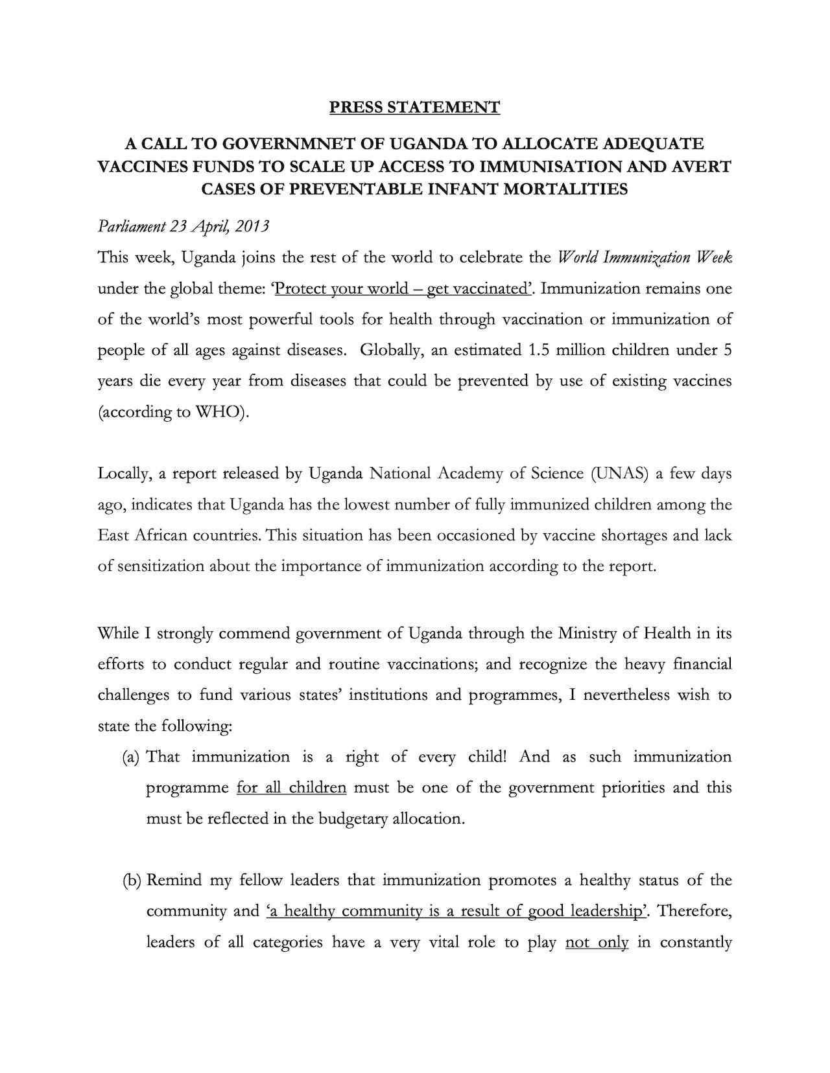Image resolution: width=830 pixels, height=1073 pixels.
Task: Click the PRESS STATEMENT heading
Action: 414,107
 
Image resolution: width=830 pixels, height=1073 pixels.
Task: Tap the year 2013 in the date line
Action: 252,226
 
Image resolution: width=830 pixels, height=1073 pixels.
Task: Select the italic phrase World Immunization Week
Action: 645,257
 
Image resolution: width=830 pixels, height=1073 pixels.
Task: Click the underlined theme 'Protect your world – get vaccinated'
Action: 402,288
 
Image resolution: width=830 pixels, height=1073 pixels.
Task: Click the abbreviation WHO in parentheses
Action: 219,412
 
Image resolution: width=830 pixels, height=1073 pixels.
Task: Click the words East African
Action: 142,535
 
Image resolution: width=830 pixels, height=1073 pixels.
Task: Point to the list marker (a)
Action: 132,757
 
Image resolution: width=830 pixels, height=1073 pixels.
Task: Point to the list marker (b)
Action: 132,881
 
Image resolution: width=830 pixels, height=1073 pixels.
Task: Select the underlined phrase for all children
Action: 291,788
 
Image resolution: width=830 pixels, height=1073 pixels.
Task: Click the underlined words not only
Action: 597,942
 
